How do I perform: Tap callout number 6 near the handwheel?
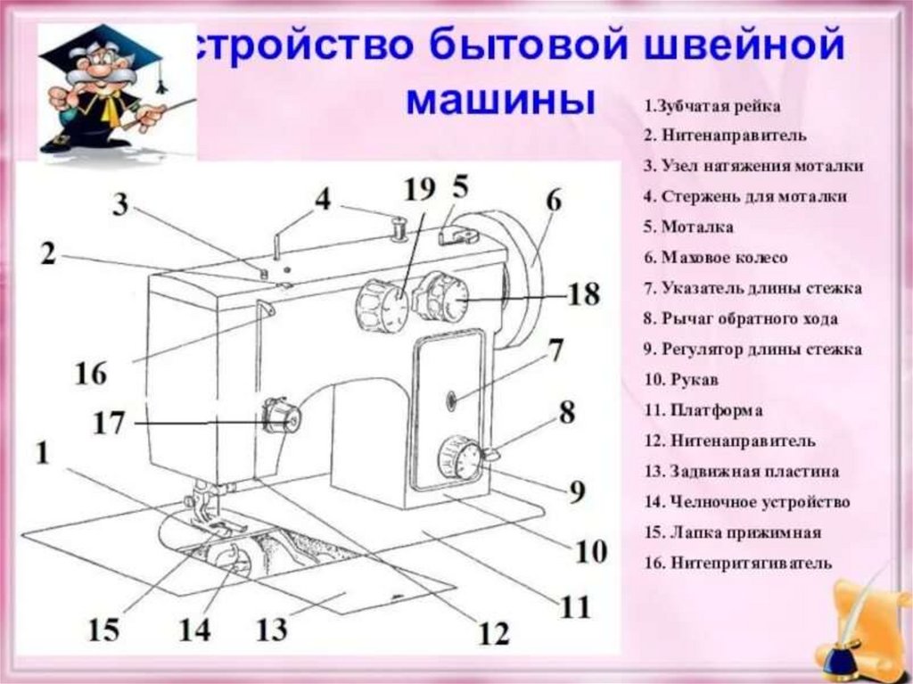[553, 202]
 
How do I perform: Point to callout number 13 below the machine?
[271, 630]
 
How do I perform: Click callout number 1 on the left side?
[43, 453]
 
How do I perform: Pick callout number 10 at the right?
[590, 551]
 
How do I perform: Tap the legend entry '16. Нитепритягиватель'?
[737, 564]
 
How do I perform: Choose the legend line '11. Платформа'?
[703, 411]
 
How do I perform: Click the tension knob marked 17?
[282, 416]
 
